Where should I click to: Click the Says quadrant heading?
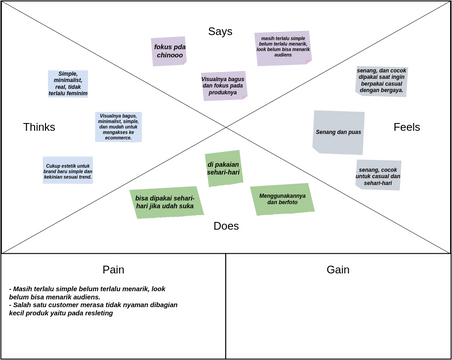(220, 32)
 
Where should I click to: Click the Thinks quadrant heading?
(39, 127)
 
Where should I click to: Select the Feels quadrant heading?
(406, 127)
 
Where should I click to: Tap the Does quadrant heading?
(226, 226)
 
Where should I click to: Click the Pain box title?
(113, 270)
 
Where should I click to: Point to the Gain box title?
(337, 270)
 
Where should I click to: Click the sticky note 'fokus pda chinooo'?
(169, 51)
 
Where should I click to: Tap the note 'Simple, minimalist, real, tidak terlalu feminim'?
(68, 83)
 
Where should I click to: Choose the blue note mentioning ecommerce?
(118, 127)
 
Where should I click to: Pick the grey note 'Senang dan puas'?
(338, 133)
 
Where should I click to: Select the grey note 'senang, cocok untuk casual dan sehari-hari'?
(379, 175)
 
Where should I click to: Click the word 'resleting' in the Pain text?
(94, 313)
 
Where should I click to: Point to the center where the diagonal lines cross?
(226, 126)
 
